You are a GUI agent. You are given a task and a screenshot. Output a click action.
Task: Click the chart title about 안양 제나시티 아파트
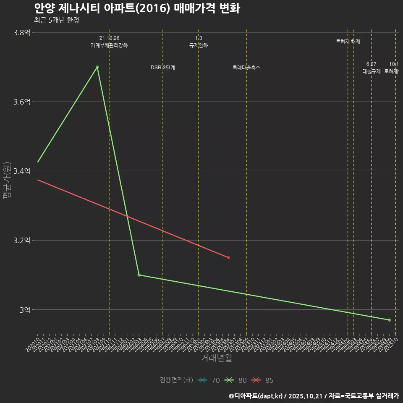coord(137,8)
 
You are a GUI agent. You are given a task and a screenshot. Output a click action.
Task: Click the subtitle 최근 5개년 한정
coord(57,20)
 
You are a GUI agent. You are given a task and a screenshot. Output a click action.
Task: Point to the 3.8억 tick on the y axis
coord(22,33)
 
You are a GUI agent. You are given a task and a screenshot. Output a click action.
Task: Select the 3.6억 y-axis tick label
coord(22,102)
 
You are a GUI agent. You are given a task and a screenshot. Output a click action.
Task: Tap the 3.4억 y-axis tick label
coord(22,171)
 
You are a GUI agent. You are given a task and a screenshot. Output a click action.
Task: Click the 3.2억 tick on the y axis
coord(22,241)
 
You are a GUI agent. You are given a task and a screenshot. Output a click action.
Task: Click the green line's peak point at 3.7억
coord(97,67)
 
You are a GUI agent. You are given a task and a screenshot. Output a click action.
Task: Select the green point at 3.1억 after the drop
coord(139,275)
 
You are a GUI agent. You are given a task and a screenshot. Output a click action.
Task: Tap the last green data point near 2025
coord(390,320)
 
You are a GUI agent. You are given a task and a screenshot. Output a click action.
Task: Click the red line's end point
coord(228,257)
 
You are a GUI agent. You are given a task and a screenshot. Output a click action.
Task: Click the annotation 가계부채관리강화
coord(109,45)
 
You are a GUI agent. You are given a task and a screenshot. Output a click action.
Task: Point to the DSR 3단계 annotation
coord(163,68)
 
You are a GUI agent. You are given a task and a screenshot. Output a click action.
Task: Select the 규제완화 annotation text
coord(199,45)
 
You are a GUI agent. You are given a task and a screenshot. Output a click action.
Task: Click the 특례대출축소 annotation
coord(246,68)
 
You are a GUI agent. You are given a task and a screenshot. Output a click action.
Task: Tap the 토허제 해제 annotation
coord(348,42)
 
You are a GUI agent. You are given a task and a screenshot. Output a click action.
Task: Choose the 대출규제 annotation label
coord(372,71)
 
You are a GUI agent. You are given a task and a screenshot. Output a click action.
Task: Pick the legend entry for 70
coord(209,380)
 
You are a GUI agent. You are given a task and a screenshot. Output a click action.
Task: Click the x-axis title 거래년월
coord(216,358)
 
